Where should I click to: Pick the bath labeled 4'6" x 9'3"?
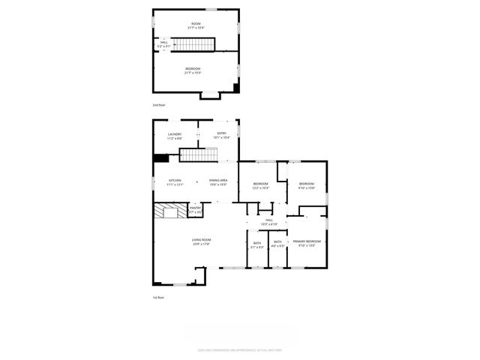(x=278, y=243)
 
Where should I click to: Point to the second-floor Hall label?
(x=163, y=43)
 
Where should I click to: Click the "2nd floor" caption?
(x=159, y=106)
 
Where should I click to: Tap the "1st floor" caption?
(x=158, y=298)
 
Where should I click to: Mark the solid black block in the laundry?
(x=160, y=157)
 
